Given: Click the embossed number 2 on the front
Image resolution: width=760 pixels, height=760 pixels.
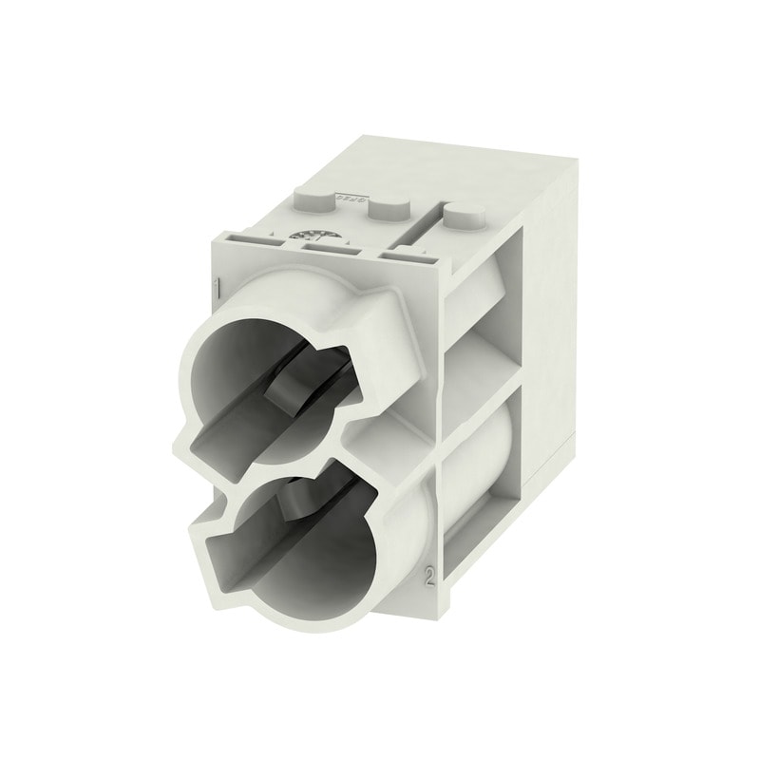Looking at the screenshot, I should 430,578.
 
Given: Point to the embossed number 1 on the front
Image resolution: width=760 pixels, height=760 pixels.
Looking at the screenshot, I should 218,287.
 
